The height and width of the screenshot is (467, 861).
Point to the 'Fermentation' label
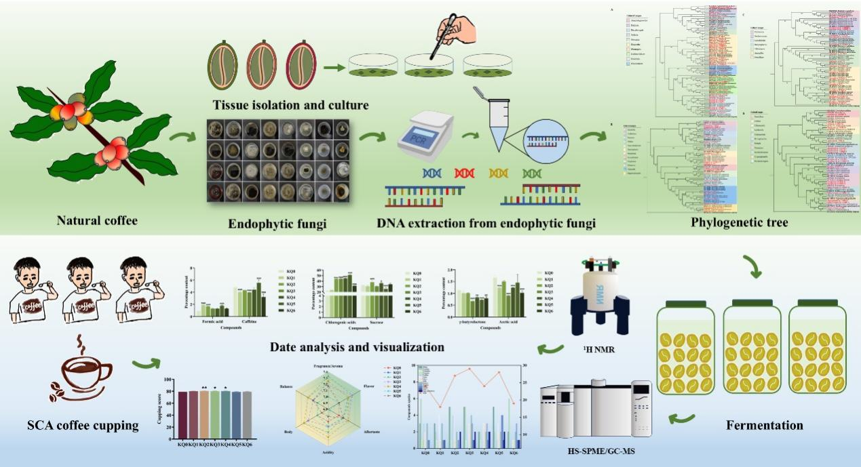(x=764, y=426)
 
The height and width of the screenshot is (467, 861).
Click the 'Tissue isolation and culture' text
(x=291, y=105)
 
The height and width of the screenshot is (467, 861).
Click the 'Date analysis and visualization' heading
(x=357, y=347)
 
